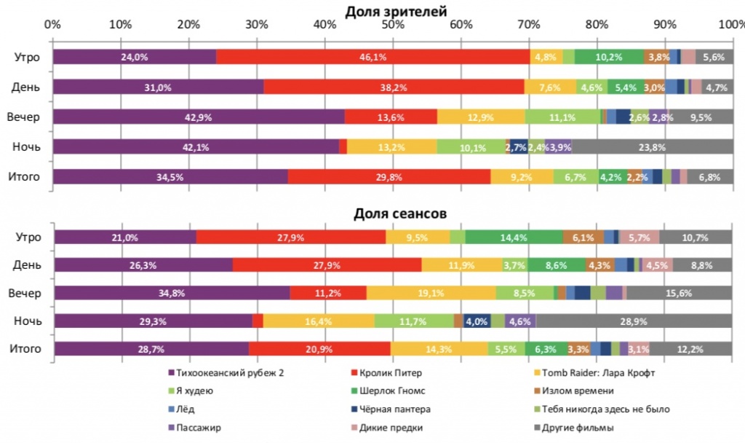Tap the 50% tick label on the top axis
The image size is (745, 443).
pos(393,25)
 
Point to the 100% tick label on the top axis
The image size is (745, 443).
pos(730,25)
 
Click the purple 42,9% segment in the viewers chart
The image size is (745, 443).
pos(198,117)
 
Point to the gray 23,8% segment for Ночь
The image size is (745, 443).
pos(652,147)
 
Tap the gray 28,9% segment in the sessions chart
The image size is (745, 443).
pos(634,321)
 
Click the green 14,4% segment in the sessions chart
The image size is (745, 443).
pos(514,237)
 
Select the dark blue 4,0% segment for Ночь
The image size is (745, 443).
pos(477,321)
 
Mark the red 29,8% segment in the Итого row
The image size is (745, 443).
pos(389,177)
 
